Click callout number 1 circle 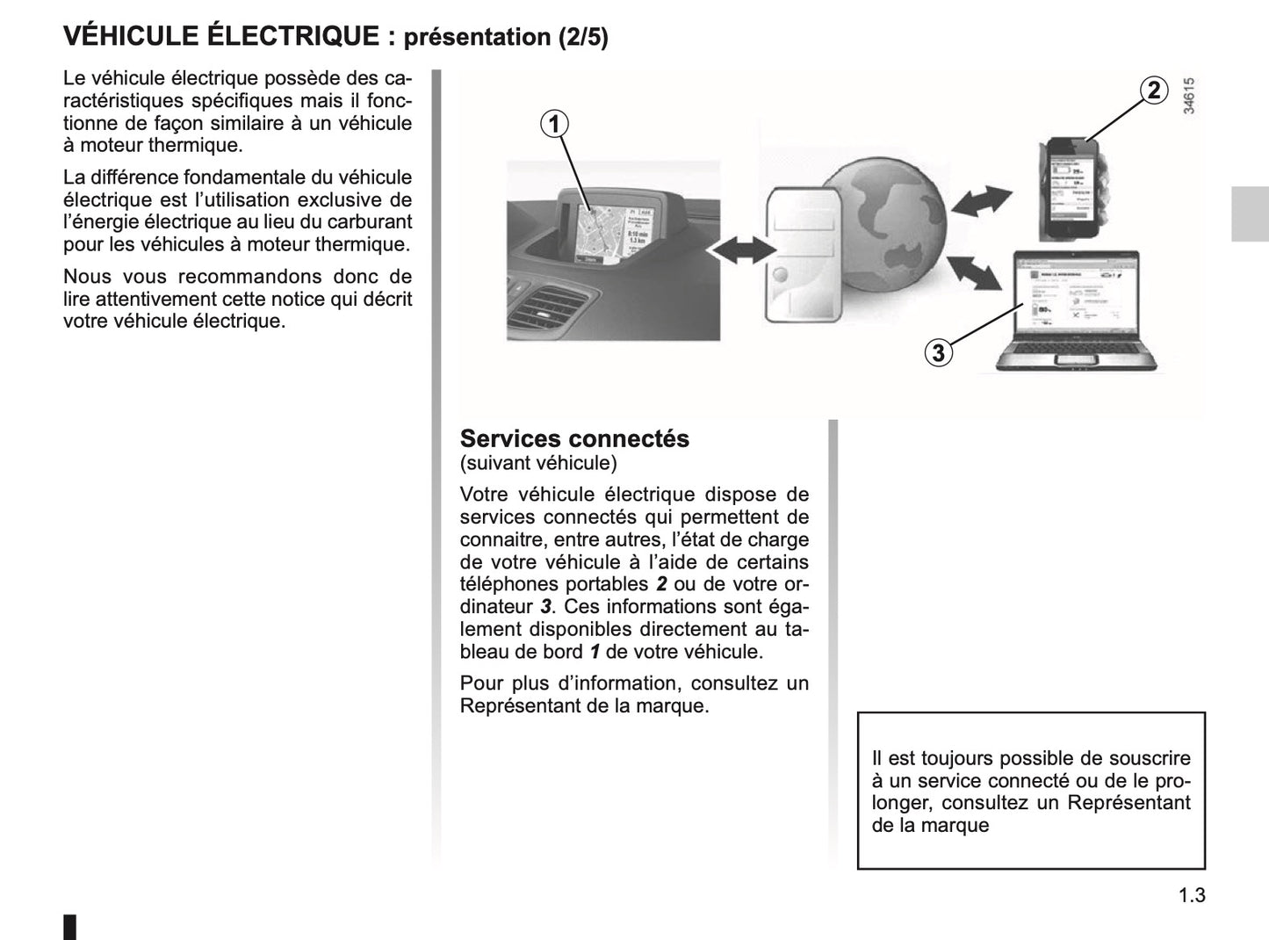pyautogui.click(x=554, y=125)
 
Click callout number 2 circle pyautogui.click(x=1154, y=90)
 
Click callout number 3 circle pyautogui.click(x=939, y=353)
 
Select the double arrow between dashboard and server pyautogui.click(x=739, y=250)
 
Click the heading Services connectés pyautogui.click(x=574, y=438)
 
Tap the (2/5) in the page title pyautogui.click(x=583, y=38)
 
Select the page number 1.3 pyautogui.click(x=1192, y=895)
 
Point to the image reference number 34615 pyautogui.click(x=1189, y=97)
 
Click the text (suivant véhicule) pyautogui.click(x=537, y=462)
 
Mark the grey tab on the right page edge pyautogui.click(x=1249, y=213)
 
